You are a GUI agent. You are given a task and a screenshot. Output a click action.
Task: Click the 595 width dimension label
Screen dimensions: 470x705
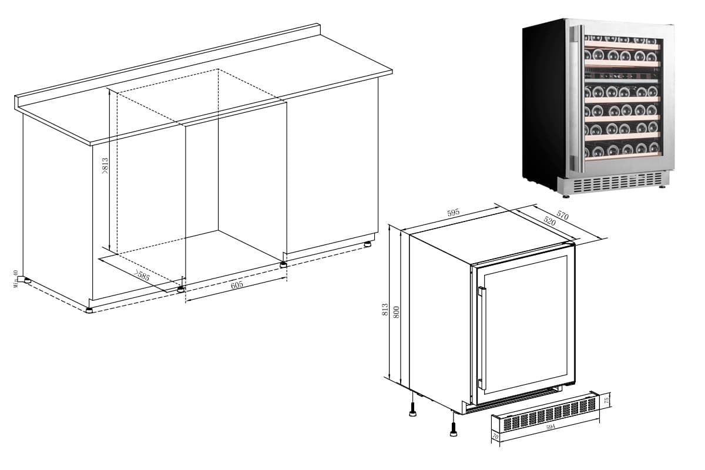point(453,213)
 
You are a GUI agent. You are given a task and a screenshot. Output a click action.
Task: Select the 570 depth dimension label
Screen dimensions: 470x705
point(562,216)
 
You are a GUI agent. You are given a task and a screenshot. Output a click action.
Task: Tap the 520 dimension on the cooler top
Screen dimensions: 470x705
point(550,221)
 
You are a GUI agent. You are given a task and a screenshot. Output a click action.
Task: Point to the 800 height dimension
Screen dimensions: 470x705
point(397,312)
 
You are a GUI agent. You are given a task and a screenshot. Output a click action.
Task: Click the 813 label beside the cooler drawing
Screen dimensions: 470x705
point(385,310)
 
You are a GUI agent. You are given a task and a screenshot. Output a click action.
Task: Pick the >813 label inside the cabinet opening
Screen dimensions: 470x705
point(105,166)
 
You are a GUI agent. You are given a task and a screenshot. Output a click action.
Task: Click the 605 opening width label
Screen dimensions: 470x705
point(237,284)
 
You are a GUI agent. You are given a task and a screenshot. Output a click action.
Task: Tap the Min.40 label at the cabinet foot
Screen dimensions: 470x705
point(16,278)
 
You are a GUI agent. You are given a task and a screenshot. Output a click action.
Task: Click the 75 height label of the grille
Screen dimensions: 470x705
point(607,401)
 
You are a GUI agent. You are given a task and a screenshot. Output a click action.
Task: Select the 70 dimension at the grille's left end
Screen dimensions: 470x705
point(495,436)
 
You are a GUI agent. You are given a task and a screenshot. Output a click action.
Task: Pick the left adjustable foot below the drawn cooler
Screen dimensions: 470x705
point(413,410)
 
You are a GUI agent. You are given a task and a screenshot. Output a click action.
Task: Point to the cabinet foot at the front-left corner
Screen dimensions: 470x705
point(89,310)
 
